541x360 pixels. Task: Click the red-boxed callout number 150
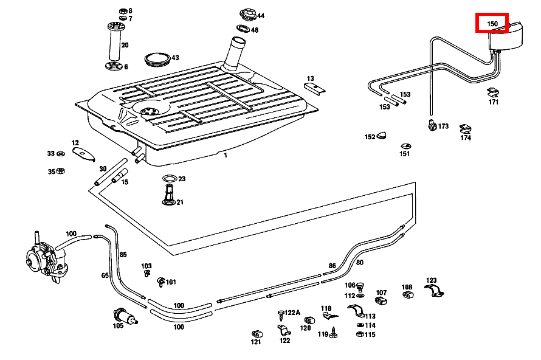492,24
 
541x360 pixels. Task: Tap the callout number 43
175,58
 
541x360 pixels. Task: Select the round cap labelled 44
247,13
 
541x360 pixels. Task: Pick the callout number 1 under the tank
225,156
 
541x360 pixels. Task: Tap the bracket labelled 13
314,88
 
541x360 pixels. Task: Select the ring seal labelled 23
170,179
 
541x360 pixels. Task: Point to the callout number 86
332,266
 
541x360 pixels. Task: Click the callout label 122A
292,313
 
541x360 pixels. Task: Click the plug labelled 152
382,135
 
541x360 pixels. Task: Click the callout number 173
443,126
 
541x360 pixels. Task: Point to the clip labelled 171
493,92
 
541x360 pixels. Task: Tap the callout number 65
105,275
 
